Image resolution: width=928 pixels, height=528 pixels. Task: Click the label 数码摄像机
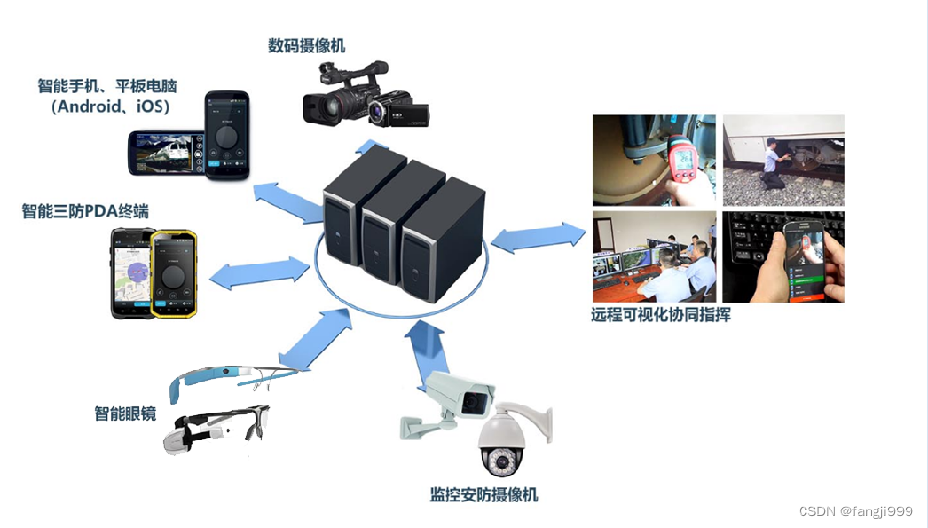[306, 45]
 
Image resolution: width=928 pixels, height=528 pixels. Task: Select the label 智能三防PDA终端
[86, 211]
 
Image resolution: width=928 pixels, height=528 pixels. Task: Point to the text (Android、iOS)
[108, 106]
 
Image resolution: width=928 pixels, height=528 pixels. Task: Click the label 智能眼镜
[125, 413]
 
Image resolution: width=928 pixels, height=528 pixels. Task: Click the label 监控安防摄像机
[483, 494]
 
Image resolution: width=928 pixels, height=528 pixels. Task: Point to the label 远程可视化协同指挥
[660, 315]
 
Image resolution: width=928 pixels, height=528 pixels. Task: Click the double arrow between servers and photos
[540, 236]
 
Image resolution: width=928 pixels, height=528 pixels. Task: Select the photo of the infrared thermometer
[655, 159]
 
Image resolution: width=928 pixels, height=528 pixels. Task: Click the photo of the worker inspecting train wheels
[783, 159]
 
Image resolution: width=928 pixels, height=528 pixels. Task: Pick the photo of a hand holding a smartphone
[783, 257]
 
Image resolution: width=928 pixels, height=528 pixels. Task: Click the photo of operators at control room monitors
[655, 257]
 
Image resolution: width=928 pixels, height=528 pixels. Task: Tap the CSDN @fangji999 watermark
[855, 511]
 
